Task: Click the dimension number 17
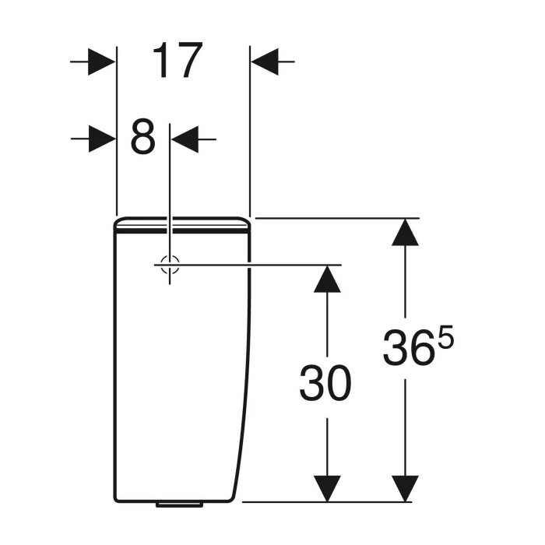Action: (x=178, y=61)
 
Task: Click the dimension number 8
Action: (x=142, y=137)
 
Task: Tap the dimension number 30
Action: (x=325, y=383)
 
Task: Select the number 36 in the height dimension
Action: (x=409, y=347)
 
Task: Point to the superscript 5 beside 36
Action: (x=445, y=337)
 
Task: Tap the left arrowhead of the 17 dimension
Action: (x=101, y=62)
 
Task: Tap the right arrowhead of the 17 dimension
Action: (x=265, y=62)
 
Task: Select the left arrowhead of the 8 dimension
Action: (x=102, y=139)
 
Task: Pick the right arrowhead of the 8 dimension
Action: (x=185, y=139)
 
